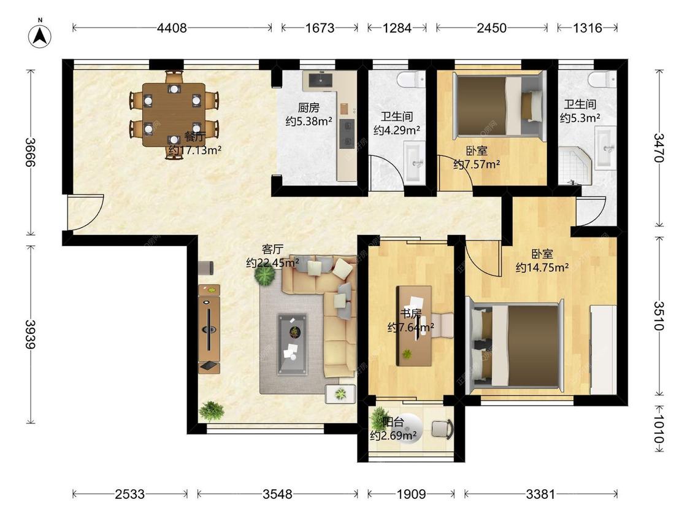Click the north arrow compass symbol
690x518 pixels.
tap(40, 36)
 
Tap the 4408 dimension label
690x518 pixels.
tap(172, 28)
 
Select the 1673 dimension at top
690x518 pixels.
tap(320, 28)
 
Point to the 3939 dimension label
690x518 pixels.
tap(31, 334)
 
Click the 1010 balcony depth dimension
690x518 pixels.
tap(659, 429)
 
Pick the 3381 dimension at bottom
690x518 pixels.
tap(541, 494)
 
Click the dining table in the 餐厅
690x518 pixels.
tap(174, 115)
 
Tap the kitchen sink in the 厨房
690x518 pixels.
tap(320, 80)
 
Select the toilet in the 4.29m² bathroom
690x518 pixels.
tap(411, 80)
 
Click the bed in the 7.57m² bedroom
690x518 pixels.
tap(497, 106)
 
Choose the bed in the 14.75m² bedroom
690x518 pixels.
tap(515, 346)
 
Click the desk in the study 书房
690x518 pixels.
tap(414, 326)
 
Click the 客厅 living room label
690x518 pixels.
tap(272, 249)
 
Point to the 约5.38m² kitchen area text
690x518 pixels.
tap(309, 121)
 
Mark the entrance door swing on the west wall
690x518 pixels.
tap(85, 212)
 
